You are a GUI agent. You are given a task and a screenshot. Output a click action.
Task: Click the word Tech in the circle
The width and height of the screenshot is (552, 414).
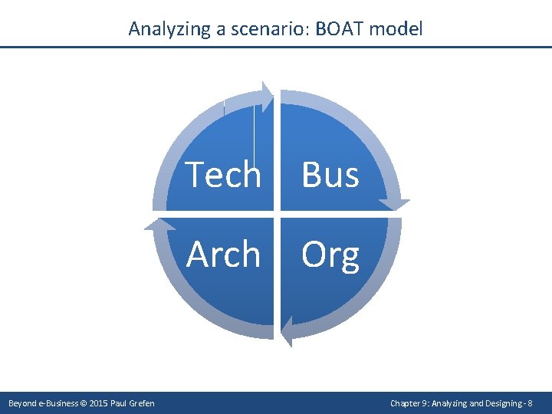coord(224,175)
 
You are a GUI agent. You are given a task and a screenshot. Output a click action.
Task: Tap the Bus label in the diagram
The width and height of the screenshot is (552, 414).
coord(330,175)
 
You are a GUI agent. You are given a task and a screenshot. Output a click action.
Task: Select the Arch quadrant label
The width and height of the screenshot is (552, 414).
coord(224,255)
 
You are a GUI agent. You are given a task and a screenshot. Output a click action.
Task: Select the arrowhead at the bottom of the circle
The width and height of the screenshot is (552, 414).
coord(285,330)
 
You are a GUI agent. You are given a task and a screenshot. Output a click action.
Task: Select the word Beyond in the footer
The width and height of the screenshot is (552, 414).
coord(20,403)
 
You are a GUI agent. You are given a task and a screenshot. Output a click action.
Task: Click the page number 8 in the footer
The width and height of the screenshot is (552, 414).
coord(530,403)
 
